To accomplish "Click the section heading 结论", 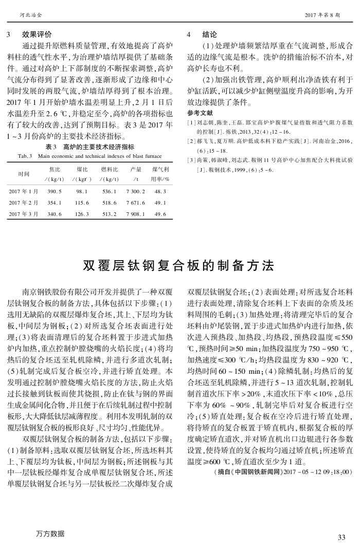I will coord(210,35).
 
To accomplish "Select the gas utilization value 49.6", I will coord(160,214).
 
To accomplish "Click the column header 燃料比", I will coord(110,169).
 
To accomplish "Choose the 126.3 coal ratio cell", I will coord(82,214).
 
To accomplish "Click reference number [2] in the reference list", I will coord(190,140).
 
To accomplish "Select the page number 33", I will coord(341,537).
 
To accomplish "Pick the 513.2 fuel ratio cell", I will coord(110,214).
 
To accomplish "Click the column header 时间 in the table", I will coord(23,174).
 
